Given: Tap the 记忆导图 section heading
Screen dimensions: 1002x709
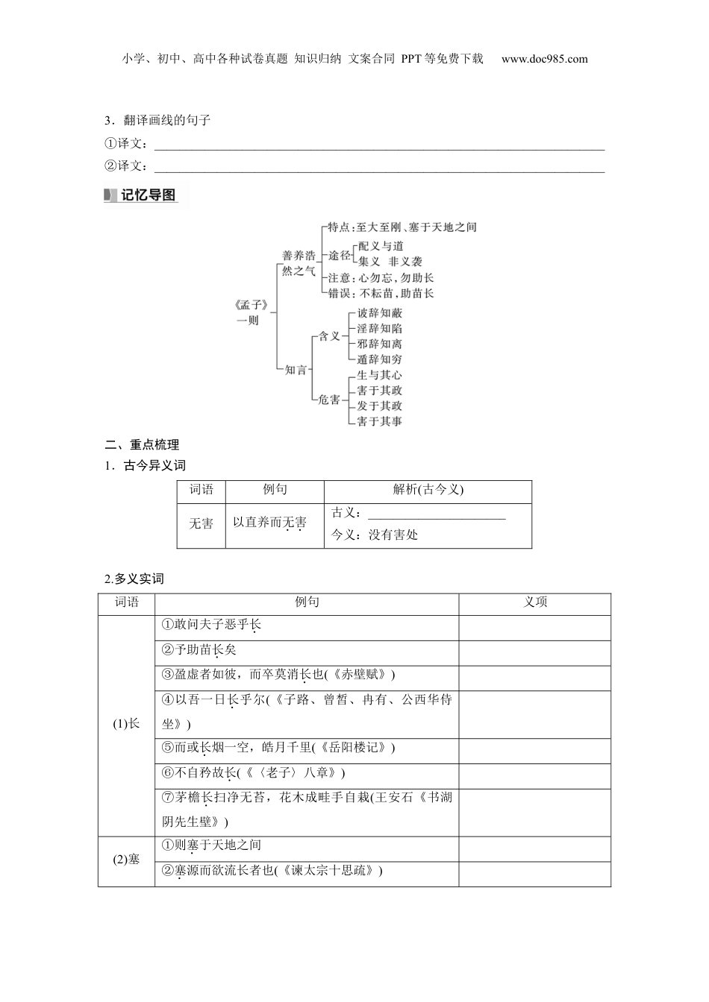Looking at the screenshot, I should tap(148, 195).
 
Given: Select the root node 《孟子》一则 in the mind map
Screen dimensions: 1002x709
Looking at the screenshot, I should tap(247, 312).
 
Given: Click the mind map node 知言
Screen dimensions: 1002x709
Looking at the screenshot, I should tap(296, 369).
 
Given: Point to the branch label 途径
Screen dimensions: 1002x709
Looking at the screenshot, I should tap(340, 255).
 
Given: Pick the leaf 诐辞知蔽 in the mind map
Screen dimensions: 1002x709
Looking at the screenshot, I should tap(380, 313).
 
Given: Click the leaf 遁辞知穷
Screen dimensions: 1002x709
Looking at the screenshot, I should tap(380, 359).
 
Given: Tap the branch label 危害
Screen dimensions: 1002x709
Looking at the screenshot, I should tap(329, 400).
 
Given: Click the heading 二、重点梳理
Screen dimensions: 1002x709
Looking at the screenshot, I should tap(142, 445).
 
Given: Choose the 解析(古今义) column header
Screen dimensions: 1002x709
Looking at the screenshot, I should tap(428, 490).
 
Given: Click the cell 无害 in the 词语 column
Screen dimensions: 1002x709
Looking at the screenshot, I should tap(201, 524).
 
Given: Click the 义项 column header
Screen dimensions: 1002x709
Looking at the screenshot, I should tap(535, 602).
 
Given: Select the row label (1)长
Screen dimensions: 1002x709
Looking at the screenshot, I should tap(126, 724).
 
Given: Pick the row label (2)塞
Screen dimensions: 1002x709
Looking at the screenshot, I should tap(126, 860).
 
